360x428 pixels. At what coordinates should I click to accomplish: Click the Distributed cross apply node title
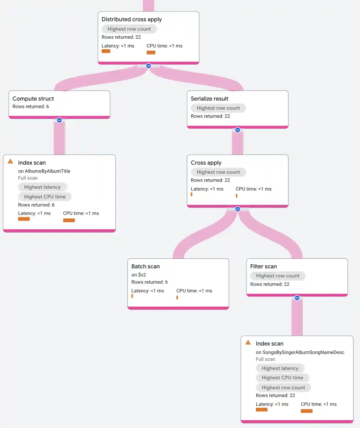click(132, 19)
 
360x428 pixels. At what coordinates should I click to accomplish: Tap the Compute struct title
click(33, 99)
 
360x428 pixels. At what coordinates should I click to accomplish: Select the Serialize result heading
click(209, 99)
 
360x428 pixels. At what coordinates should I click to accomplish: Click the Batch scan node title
click(145, 266)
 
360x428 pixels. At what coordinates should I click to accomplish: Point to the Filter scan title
click(263, 266)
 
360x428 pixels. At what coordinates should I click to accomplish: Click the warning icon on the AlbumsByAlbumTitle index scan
click(10, 162)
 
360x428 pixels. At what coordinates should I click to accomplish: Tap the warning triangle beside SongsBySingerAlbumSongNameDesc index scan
click(248, 342)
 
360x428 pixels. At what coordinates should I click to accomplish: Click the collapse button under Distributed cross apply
click(148, 66)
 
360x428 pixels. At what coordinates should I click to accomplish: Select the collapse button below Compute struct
click(59, 120)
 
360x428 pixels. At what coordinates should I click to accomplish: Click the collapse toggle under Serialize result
click(237, 130)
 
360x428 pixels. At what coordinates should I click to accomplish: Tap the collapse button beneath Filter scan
click(297, 298)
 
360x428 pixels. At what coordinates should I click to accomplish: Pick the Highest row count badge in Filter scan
click(277, 276)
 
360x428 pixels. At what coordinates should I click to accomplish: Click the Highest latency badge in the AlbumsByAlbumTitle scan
click(42, 187)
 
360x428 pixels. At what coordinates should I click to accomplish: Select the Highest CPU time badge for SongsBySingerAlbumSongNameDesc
click(282, 378)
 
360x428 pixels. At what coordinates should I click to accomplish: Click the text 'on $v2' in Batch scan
click(138, 275)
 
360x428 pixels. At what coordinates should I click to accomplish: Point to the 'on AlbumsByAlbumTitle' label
click(44, 171)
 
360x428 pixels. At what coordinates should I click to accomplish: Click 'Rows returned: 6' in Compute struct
click(31, 107)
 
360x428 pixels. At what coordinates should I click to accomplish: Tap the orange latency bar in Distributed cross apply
click(106, 51)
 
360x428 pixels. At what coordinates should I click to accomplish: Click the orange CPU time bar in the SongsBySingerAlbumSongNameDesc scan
click(307, 411)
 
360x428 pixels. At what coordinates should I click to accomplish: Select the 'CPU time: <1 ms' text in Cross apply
click(253, 189)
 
